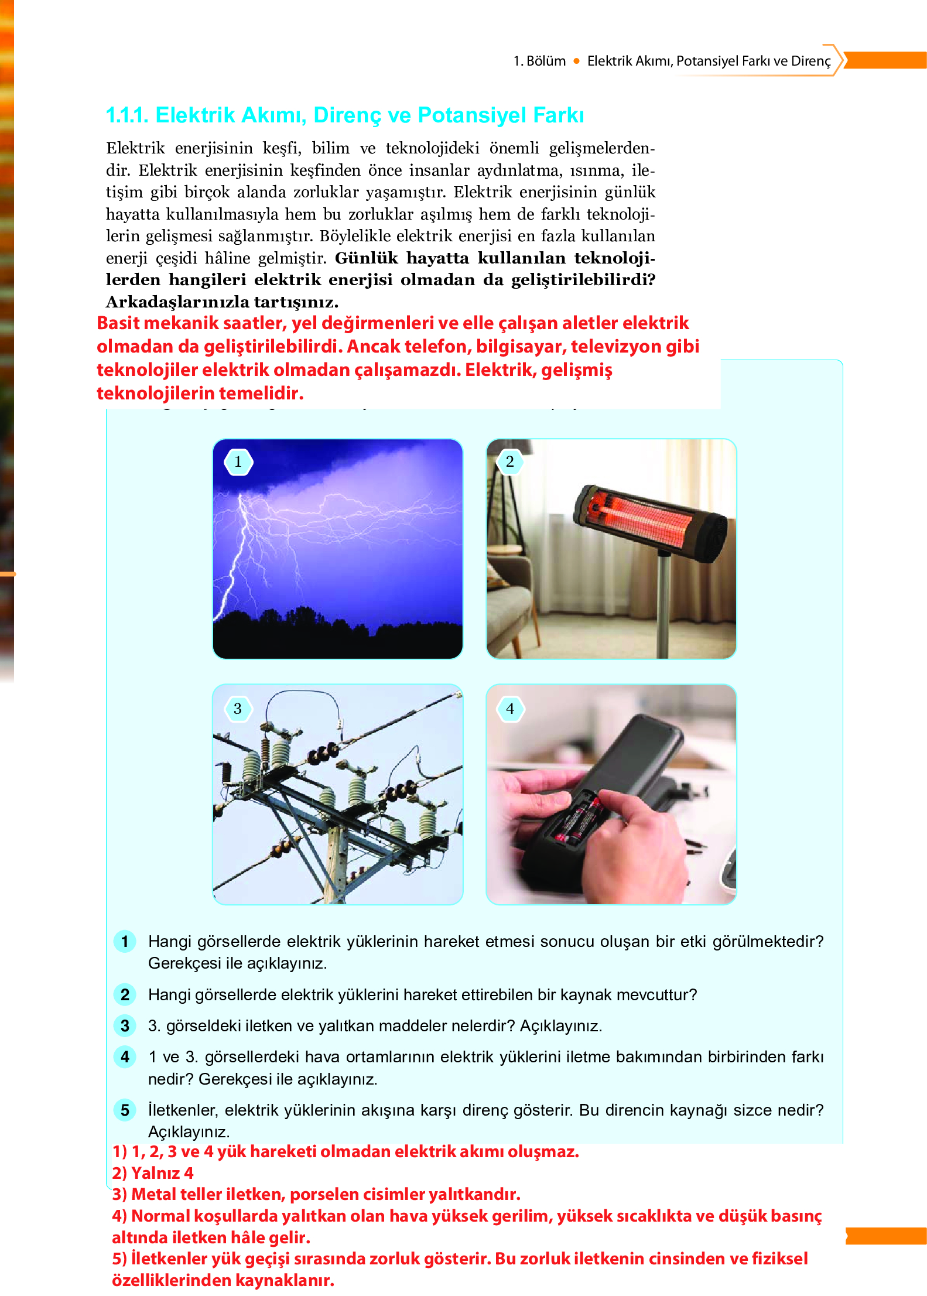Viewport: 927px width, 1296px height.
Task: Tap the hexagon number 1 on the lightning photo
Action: click(238, 462)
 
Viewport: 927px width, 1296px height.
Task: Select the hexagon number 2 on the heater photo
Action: click(510, 461)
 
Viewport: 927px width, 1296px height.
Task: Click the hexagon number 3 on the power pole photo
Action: click(238, 709)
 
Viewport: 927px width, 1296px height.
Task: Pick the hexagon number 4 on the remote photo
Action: click(510, 709)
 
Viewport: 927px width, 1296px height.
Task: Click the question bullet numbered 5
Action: click(125, 1110)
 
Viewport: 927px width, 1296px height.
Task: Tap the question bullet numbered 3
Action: click(125, 1025)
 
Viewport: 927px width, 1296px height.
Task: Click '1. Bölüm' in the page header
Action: click(539, 61)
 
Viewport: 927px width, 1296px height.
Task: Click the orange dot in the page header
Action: click(576, 61)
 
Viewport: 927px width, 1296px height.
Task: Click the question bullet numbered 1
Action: click(125, 941)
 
